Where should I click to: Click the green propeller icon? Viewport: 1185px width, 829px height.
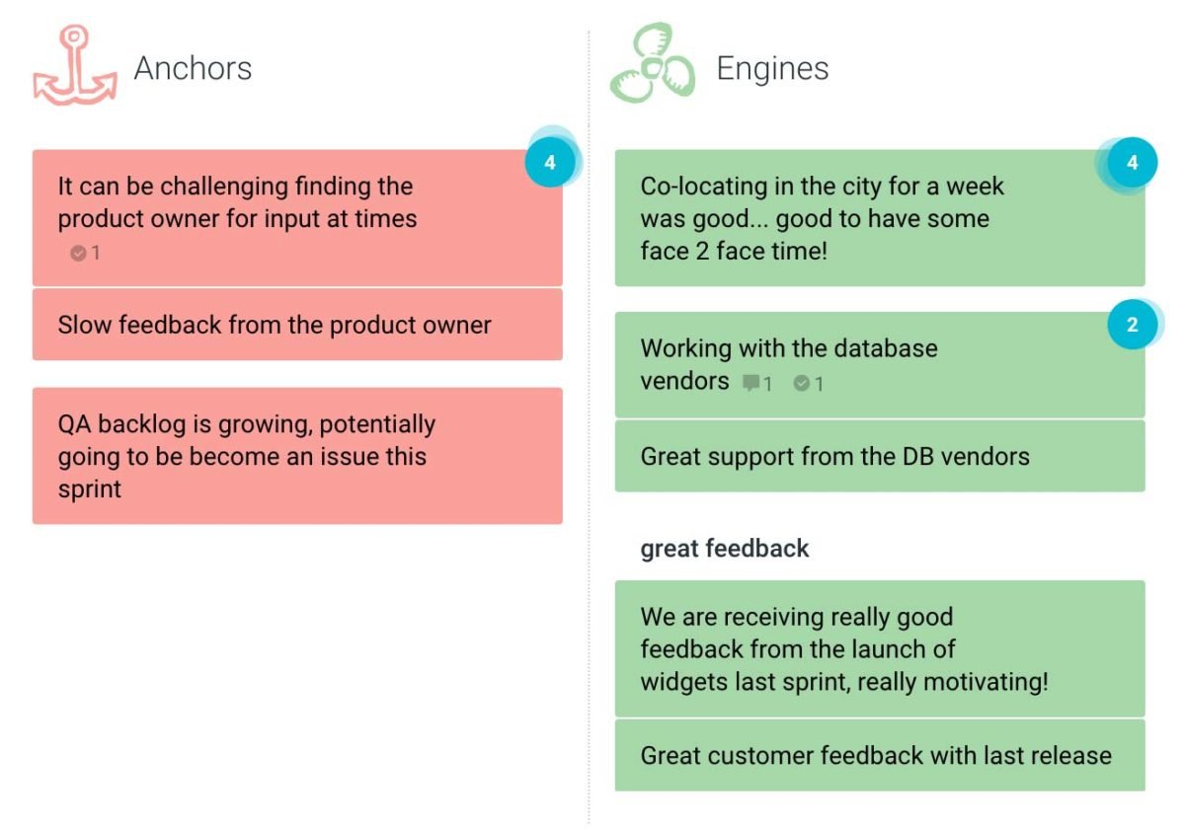653,62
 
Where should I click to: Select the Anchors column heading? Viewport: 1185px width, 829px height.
194,68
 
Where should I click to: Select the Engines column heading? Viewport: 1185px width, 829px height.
772,68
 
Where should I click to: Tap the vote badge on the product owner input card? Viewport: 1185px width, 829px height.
550,162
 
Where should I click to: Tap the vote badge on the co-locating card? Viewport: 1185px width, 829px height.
1132,162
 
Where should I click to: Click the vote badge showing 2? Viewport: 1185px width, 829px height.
1132,324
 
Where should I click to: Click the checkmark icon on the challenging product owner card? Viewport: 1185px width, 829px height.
78,254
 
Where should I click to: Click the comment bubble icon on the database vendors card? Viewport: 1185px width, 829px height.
750,382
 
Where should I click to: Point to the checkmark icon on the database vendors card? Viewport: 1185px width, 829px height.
802,383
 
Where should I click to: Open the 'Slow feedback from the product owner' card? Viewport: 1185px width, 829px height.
297,325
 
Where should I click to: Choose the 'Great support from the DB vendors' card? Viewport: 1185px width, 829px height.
880,456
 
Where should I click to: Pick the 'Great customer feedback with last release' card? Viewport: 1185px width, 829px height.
880,756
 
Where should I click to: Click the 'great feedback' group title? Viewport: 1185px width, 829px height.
725,549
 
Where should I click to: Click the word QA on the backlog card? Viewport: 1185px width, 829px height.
75,424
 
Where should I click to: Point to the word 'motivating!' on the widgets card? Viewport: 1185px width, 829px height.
987,682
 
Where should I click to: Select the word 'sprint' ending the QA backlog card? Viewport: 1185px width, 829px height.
90,490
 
